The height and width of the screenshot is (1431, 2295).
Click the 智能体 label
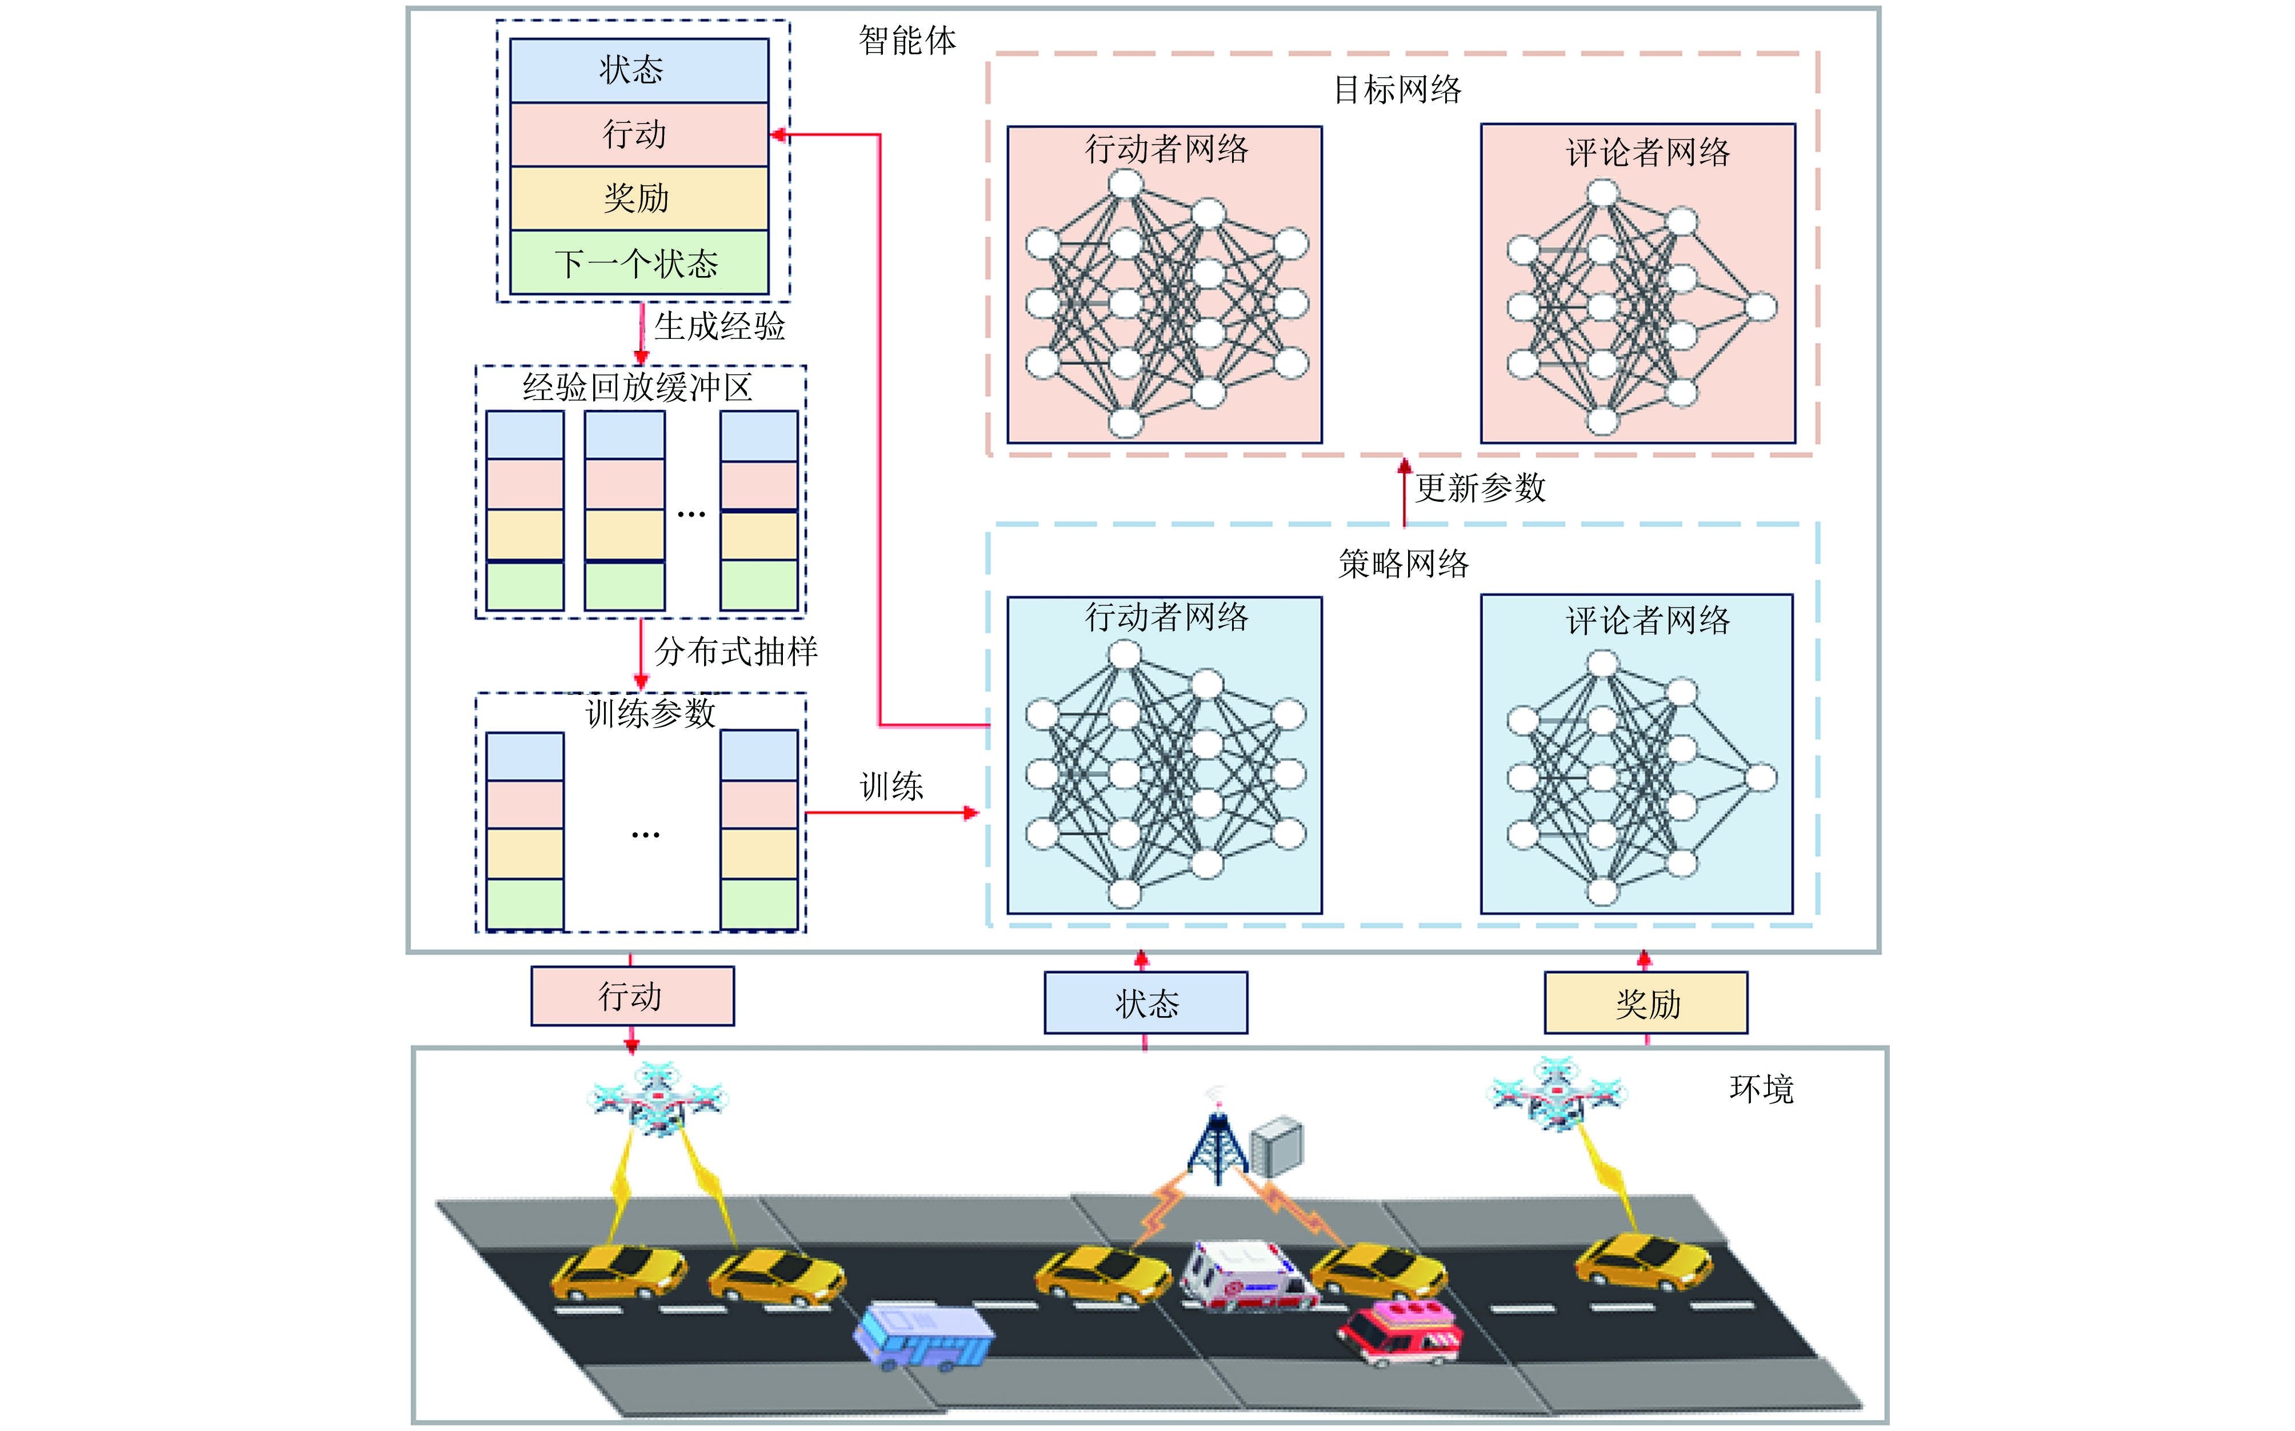click(907, 41)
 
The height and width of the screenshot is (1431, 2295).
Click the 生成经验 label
click(719, 326)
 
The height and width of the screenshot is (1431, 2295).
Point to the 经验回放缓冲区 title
click(638, 387)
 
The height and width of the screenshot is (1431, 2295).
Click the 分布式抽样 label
click(736, 651)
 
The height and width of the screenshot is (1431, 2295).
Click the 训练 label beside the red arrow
click(890, 786)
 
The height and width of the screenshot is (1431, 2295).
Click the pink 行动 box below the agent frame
click(632, 996)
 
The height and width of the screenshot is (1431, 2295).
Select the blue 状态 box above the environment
click(1145, 1003)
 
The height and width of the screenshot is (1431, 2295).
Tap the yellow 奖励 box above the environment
click(1646, 1003)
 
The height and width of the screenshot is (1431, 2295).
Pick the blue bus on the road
click(923, 1334)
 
